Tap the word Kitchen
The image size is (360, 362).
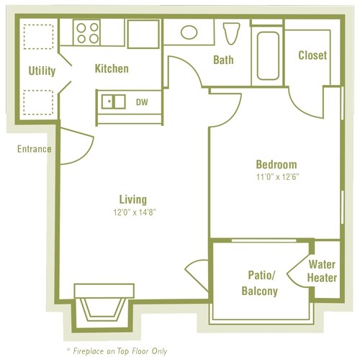[112, 68]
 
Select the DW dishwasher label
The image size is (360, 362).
[142, 102]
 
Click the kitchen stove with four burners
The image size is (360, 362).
[88, 32]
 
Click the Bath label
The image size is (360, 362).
[223, 60]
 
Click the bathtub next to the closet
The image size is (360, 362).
[266, 53]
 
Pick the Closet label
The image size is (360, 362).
[312, 55]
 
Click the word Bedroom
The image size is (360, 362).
[276, 164]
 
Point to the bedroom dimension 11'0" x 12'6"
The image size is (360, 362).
[276, 176]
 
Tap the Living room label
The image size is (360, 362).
[133, 199]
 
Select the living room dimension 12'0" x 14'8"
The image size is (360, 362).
[133, 212]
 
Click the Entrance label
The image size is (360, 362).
[34, 149]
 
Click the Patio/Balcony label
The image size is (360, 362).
[258, 283]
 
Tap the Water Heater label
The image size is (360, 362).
[321, 271]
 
